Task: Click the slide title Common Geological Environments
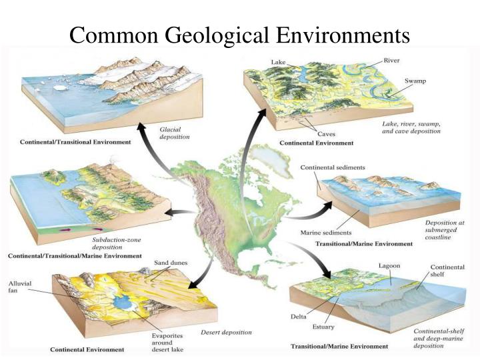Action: click(239, 33)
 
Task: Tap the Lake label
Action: click(278, 63)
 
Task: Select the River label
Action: click(392, 60)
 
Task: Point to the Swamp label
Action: click(415, 81)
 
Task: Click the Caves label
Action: click(307, 133)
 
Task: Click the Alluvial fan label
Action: click(16, 287)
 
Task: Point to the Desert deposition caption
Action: click(228, 332)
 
